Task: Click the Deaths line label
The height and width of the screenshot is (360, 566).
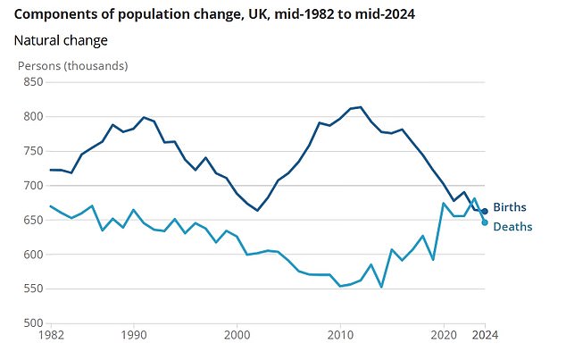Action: [512, 227]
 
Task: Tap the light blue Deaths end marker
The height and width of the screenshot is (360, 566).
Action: [485, 222]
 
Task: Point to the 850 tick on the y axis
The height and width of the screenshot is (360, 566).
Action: [32, 82]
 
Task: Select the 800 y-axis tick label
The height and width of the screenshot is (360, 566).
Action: [32, 117]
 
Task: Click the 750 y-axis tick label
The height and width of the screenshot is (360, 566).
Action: [32, 151]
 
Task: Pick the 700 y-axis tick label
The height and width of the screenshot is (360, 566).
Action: [32, 186]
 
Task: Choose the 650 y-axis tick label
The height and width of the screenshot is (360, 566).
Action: [32, 220]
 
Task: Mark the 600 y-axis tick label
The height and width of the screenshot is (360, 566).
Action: [32, 255]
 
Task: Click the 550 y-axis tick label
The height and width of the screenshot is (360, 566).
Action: [32, 289]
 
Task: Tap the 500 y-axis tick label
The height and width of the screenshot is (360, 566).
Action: [32, 323]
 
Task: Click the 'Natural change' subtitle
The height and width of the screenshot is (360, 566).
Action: [61, 40]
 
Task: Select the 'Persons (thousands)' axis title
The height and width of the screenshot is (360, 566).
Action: [73, 66]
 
